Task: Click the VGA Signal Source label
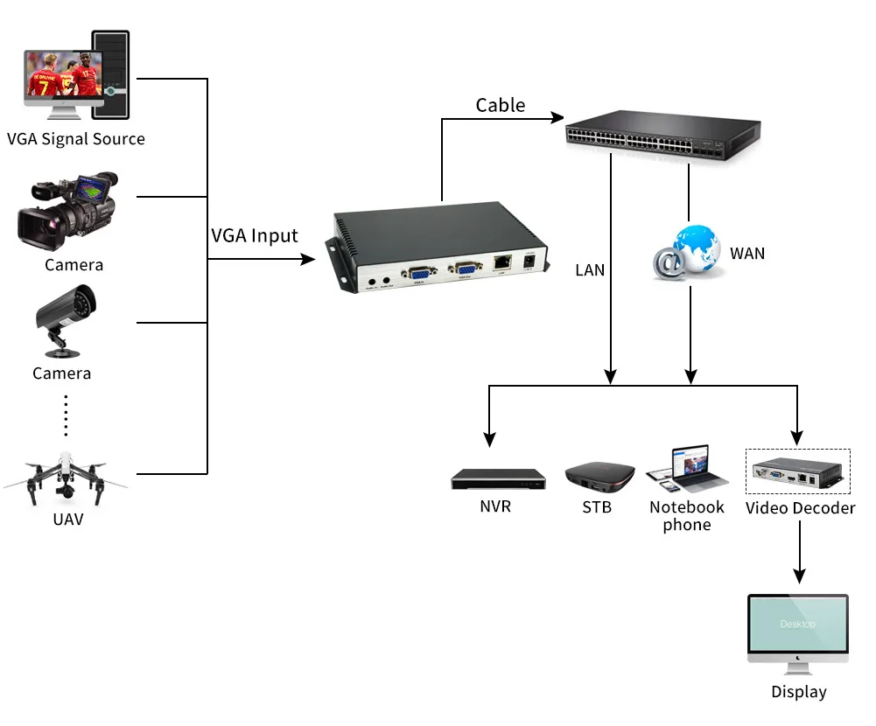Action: [x=76, y=139]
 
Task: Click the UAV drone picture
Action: [x=65, y=477]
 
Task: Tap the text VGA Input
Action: [x=255, y=235]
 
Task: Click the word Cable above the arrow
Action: [x=501, y=106]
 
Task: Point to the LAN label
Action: [x=590, y=270]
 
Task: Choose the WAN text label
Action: [x=746, y=254]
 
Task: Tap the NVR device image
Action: [x=494, y=478]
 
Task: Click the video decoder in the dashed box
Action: [x=796, y=473]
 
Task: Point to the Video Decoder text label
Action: [x=800, y=508]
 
